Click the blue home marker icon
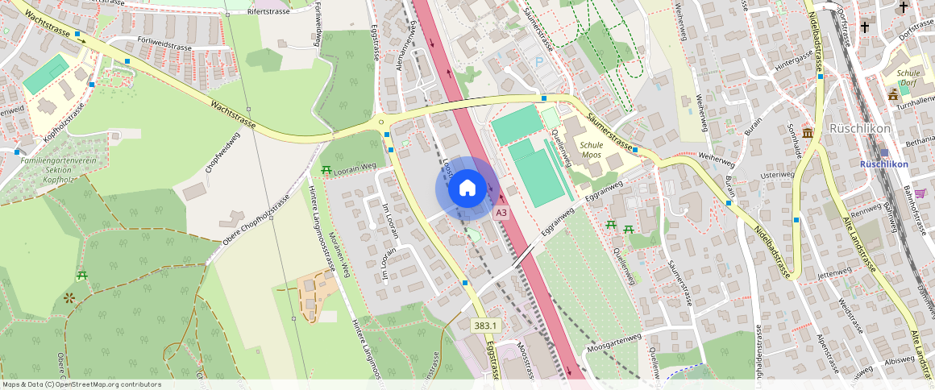tap(467, 189)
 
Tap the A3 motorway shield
tap(501, 213)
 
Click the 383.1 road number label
tap(486, 326)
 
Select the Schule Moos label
tap(591, 151)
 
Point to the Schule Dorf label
tap(908, 77)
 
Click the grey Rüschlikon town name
tap(859, 129)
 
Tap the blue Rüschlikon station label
tap(884, 164)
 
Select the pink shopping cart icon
tap(920, 193)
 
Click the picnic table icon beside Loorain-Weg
tap(326, 169)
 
